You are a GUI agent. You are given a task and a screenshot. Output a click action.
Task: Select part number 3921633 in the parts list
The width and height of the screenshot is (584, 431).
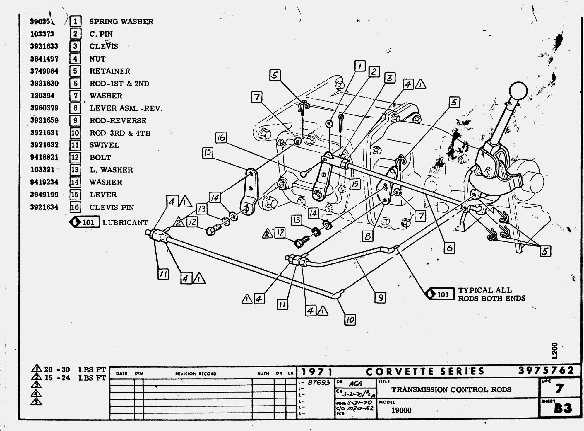44,46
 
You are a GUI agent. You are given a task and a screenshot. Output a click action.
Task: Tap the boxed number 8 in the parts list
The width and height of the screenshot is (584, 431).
75,108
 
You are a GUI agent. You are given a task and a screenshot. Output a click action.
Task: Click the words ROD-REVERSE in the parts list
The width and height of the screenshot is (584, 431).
118,121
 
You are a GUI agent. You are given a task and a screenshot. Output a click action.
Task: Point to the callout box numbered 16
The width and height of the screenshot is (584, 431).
221,137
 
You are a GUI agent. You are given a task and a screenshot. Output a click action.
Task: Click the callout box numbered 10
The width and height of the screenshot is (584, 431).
350,320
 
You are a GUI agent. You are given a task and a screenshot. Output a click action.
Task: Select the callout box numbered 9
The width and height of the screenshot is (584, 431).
380,298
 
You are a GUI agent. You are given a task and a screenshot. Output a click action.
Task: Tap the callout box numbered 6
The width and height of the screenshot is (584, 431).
449,248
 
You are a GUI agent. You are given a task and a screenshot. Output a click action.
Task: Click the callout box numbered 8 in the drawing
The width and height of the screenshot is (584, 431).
368,236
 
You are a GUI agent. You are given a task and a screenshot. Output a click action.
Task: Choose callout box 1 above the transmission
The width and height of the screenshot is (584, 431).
360,66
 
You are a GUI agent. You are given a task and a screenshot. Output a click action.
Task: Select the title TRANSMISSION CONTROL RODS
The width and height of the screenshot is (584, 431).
451,389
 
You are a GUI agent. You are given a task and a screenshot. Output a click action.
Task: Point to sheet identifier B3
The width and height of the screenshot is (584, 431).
562,408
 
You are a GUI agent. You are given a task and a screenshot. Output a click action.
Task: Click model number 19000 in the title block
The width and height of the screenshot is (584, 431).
401,410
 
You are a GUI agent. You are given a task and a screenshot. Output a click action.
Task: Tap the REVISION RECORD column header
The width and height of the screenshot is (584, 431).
196,374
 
